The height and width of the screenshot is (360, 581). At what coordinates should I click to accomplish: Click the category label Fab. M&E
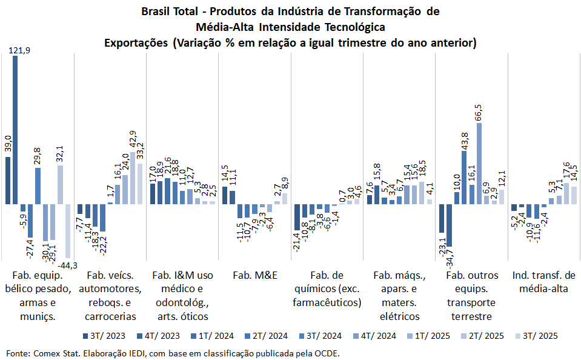[x=254, y=275]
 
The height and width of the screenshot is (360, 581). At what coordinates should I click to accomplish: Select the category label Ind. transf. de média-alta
[x=543, y=281]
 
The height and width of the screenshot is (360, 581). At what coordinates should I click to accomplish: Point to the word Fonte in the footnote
[x=18, y=353]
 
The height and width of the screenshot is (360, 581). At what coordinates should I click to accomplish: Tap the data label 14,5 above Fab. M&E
[x=225, y=176]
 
